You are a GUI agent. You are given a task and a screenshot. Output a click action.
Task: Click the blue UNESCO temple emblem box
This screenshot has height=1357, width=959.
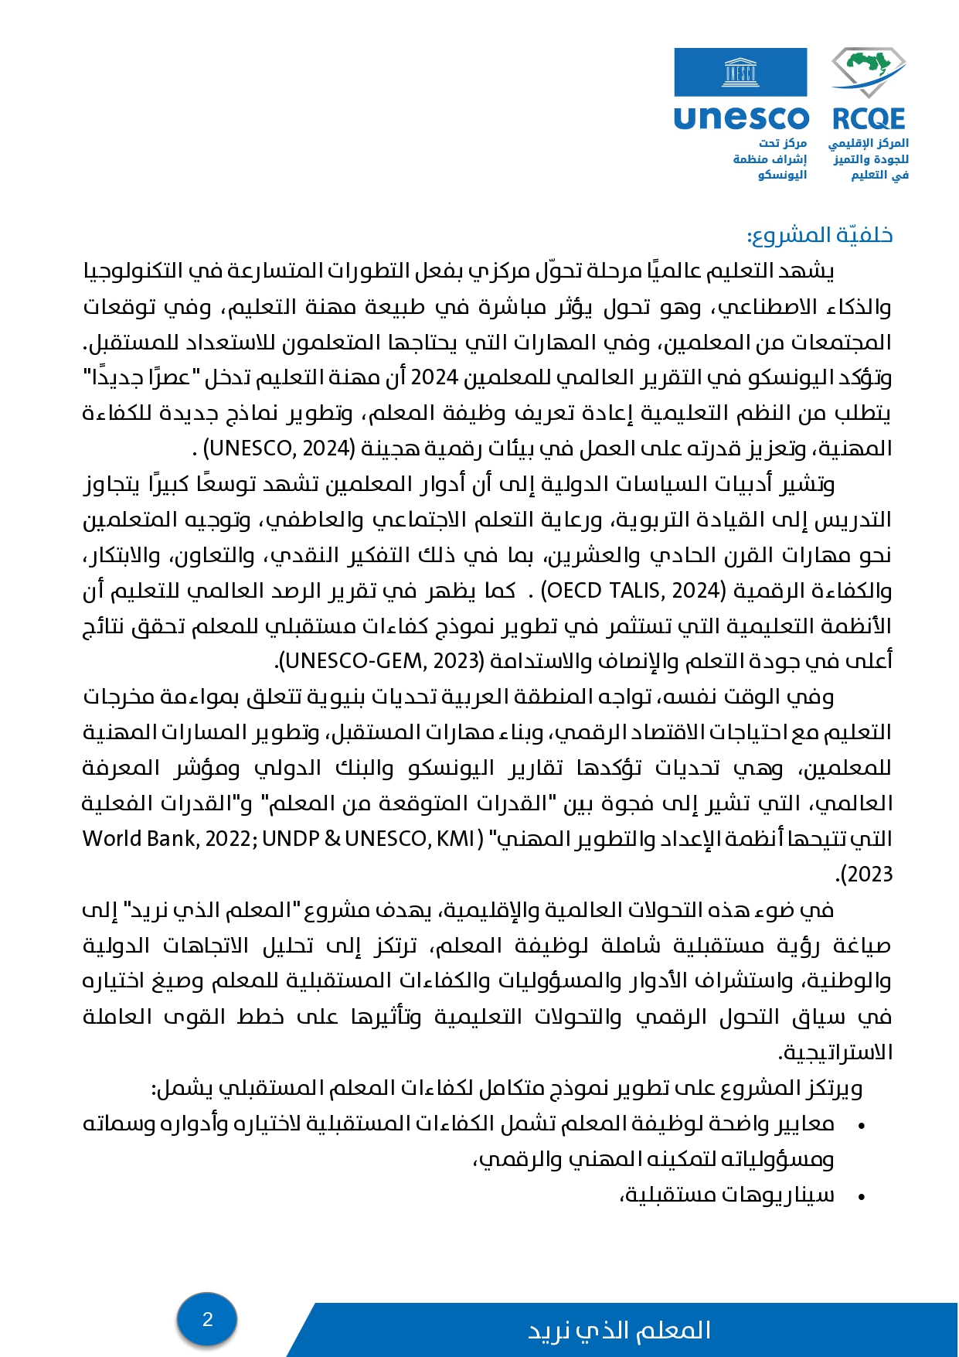click(x=740, y=72)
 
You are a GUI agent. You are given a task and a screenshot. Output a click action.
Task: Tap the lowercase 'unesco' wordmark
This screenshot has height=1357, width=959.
click(x=740, y=118)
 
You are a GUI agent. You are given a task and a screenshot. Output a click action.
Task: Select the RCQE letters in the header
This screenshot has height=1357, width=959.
click(x=868, y=119)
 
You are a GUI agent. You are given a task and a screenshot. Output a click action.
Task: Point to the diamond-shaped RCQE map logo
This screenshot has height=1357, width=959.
click(x=869, y=72)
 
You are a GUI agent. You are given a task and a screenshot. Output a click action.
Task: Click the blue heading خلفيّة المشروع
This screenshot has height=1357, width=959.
click(x=820, y=235)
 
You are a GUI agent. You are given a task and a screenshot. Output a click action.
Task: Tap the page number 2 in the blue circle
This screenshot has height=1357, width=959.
click(x=207, y=1318)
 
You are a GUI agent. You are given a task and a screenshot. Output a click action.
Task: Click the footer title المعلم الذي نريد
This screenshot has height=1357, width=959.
click(x=619, y=1330)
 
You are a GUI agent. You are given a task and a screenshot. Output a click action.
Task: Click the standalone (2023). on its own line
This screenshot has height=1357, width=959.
click(x=864, y=875)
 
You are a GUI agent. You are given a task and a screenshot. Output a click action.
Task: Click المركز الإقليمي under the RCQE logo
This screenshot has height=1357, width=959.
click(x=868, y=143)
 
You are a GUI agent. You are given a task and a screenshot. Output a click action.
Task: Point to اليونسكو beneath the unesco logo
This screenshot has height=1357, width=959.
click(x=782, y=175)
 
